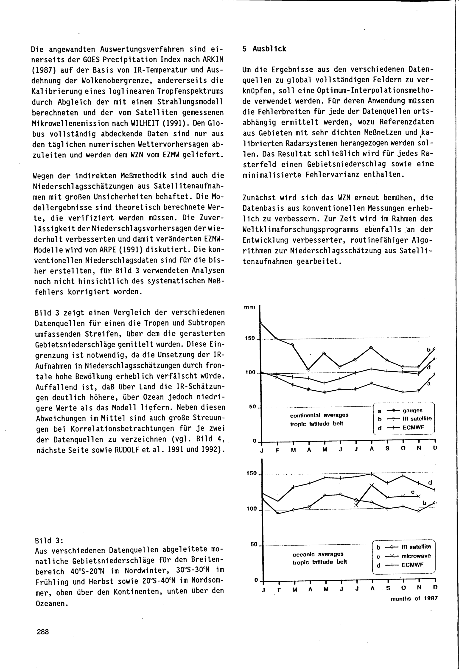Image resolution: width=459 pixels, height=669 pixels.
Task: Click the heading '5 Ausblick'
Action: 264,49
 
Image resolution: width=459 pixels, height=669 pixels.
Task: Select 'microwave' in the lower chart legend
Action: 416,556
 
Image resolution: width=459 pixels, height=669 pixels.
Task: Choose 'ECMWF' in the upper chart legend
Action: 414,428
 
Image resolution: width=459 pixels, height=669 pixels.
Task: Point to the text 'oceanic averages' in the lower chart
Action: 318,554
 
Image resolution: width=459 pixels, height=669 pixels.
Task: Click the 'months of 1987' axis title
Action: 414,599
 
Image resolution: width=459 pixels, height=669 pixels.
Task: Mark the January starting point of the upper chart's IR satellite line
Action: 260,322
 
